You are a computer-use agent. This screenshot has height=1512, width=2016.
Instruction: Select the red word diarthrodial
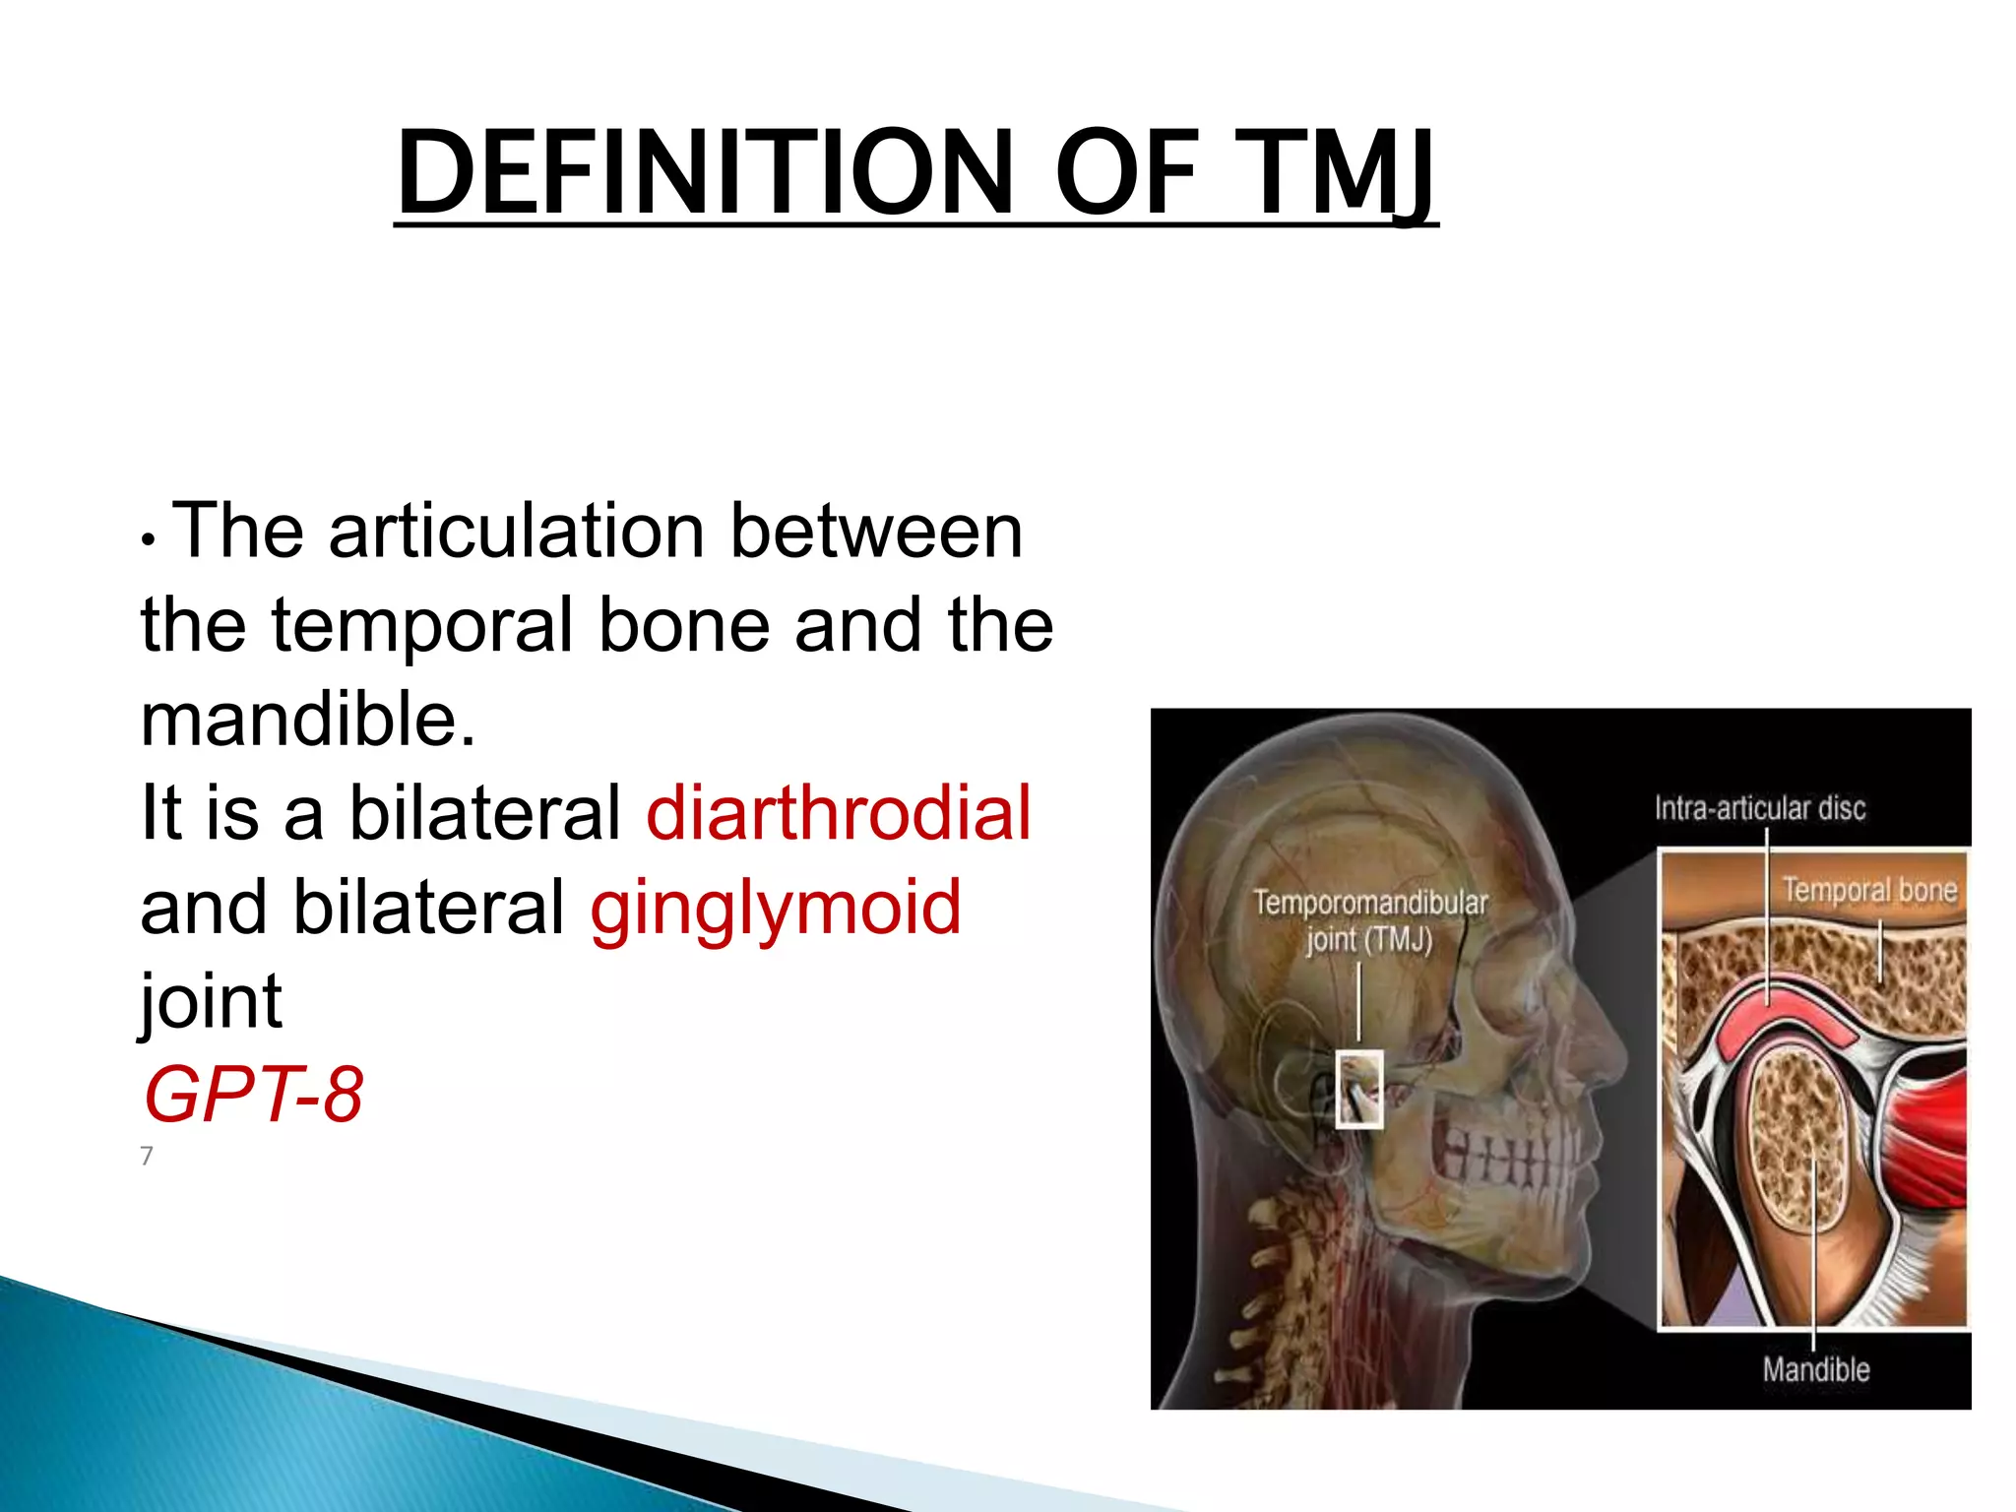point(839,813)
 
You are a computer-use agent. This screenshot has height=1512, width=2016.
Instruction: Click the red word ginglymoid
point(776,908)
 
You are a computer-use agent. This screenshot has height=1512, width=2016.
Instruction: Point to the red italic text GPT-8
point(253,1095)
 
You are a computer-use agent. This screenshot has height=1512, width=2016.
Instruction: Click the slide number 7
point(147,1156)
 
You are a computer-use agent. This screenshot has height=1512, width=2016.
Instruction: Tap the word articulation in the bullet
point(516,532)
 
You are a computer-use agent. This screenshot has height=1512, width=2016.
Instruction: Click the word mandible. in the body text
point(308,720)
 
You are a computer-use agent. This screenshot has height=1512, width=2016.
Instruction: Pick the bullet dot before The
point(148,539)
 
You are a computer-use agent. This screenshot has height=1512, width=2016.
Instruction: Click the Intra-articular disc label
point(1759,809)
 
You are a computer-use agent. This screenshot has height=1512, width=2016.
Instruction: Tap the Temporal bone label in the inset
point(1869,890)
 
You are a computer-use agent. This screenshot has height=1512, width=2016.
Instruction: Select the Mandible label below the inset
point(1815,1369)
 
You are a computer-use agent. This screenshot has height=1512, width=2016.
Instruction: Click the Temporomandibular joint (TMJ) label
point(1369,920)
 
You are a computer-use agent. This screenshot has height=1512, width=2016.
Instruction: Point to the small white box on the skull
point(1359,1089)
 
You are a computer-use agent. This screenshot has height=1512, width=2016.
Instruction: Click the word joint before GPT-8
point(212,1002)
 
